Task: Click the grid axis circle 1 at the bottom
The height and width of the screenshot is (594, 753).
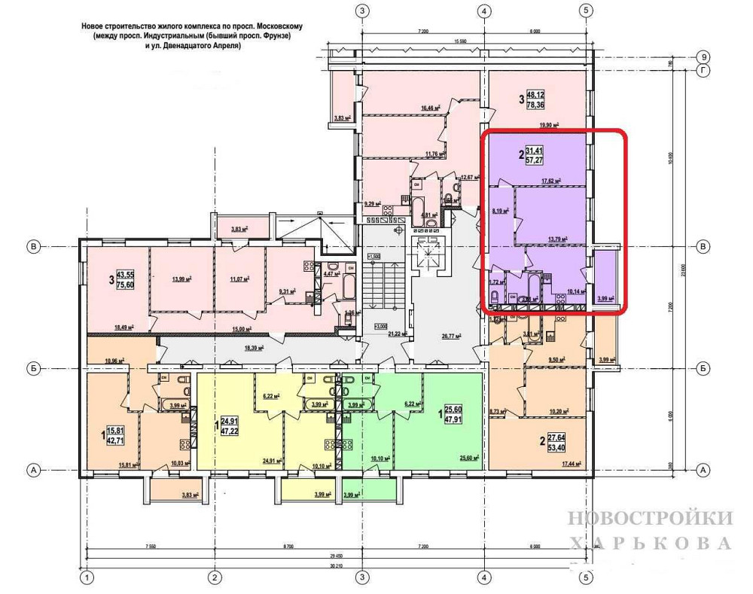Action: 88,578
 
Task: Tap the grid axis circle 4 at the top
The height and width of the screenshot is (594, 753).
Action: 484,11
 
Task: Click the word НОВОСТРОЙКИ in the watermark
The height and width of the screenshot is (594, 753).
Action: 649,518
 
